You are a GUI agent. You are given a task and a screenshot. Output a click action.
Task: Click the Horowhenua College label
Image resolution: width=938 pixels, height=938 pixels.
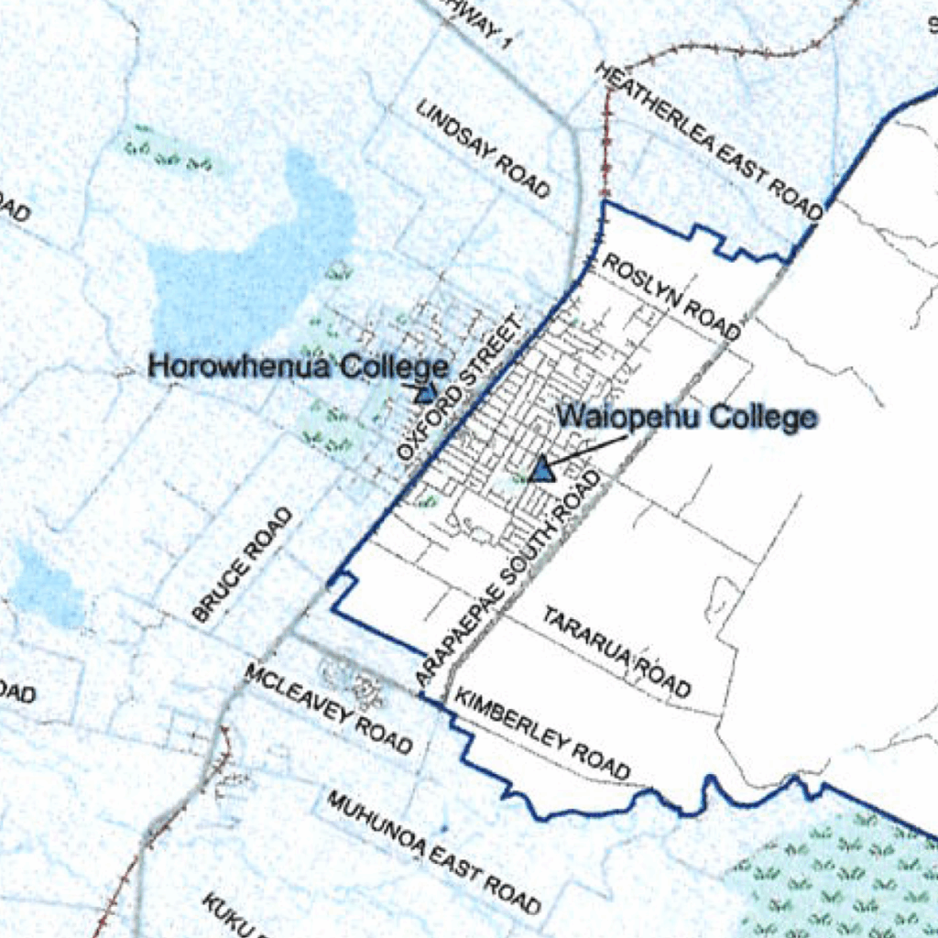(x=299, y=367)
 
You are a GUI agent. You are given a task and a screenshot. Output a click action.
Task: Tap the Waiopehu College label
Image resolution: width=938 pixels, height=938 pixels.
(x=687, y=418)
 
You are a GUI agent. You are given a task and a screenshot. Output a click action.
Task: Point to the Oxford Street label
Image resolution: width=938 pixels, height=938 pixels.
(x=463, y=388)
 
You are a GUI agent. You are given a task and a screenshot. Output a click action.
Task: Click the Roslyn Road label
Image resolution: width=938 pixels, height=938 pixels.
(x=671, y=296)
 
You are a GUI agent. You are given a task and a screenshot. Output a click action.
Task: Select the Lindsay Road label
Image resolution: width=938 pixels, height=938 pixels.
(x=484, y=148)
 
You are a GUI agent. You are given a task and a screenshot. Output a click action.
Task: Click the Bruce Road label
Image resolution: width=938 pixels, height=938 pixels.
(x=244, y=565)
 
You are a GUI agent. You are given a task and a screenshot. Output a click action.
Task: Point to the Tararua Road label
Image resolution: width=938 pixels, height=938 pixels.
(x=616, y=650)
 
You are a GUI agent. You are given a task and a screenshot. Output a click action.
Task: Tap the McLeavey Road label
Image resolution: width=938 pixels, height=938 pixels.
(x=328, y=709)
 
